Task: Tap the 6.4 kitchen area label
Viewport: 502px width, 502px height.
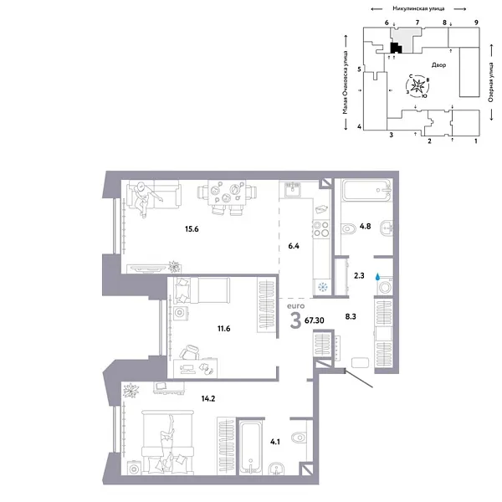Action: tap(293, 246)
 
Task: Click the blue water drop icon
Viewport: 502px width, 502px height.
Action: tap(378, 275)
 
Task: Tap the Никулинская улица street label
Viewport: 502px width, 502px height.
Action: tap(405, 7)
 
